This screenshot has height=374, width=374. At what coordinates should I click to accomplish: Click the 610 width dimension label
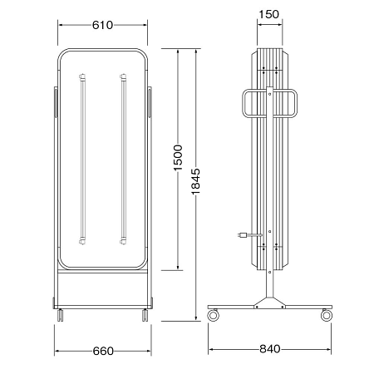pyautogui.click(x=102, y=25)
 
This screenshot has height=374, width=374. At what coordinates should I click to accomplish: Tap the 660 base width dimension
pyautogui.click(x=103, y=351)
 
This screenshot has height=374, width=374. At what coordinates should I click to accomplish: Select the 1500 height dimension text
pyautogui.click(x=178, y=157)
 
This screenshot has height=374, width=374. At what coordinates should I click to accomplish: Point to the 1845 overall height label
pyautogui.click(x=195, y=181)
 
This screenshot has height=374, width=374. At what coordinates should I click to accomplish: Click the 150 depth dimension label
pyautogui.click(x=268, y=14)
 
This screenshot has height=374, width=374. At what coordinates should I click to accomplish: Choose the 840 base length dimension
pyautogui.click(x=270, y=349)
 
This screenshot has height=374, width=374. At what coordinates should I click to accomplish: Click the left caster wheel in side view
pyautogui.click(x=214, y=315)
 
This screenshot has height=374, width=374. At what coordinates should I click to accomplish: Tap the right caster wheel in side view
pyautogui.click(x=327, y=315)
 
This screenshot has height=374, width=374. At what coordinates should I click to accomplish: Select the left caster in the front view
pyautogui.click(x=61, y=315)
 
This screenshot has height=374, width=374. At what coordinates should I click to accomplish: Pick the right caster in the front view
pyautogui.click(x=145, y=315)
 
